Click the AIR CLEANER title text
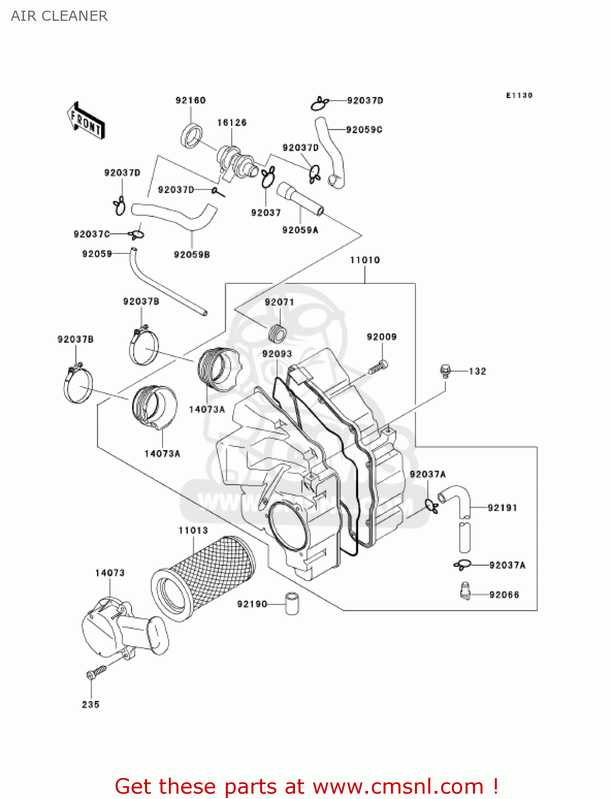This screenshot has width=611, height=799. (x=59, y=16)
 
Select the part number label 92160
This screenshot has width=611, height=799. (x=190, y=100)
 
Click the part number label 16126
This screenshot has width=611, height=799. (x=232, y=123)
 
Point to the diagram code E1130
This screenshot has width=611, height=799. (x=519, y=95)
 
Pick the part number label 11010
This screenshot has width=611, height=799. (x=365, y=260)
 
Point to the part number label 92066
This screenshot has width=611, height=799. (x=504, y=594)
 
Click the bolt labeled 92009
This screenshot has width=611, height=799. (x=378, y=366)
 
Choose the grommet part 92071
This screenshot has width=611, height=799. (x=276, y=333)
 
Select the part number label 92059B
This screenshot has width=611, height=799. (x=192, y=255)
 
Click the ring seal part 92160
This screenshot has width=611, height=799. (x=192, y=135)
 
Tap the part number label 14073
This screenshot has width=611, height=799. (x=110, y=573)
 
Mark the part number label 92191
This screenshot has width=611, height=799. (x=502, y=508)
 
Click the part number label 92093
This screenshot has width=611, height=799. (x=277, y=354)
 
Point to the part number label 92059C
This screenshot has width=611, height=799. (x=364, y=129)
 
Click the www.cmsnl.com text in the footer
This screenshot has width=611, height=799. (x=398, y=786)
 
